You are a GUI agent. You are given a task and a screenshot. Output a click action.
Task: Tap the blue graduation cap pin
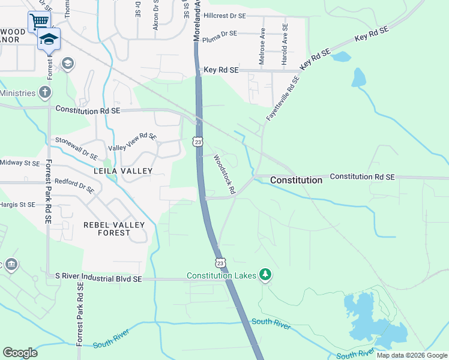(49, 40)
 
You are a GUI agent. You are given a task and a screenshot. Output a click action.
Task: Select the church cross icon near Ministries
(44, 93)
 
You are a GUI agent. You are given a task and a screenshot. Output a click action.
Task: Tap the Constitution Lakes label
(221, 275)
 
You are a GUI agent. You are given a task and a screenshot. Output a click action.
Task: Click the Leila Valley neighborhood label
(123, 171)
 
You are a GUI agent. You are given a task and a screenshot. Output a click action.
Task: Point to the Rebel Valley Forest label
(114, 229)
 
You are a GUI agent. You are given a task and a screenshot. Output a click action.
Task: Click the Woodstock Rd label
(224, 175)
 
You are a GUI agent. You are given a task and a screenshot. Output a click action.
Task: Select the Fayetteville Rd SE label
(283, 100)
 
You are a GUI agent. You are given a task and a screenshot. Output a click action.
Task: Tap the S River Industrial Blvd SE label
(98, 278)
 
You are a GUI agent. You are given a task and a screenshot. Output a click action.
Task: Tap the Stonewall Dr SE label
(76, 148)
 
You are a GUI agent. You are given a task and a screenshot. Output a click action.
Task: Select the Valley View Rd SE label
(132, 142)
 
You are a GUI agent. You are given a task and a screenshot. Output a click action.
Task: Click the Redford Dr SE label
(74, 185)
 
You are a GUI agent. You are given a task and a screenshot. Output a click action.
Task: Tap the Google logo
(20, 352)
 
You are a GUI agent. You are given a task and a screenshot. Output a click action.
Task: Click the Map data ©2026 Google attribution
(411, 355)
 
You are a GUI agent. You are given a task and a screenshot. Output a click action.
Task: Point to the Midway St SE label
(20, 163)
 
